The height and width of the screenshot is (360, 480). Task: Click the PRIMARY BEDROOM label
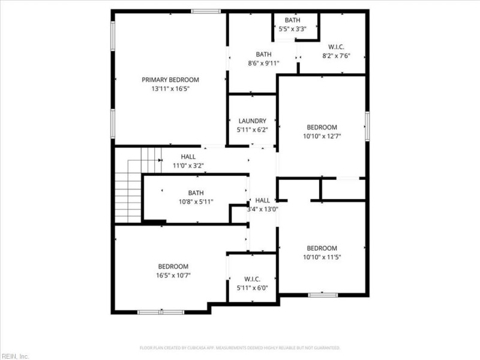[x=170, y=79]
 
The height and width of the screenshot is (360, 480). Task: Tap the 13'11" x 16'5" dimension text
[x=170, y=89]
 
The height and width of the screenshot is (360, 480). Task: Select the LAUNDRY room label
[x=252, y=121]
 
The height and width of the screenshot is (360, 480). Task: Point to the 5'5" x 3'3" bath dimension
[x=293, y=29]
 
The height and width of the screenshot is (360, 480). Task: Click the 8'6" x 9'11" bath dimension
[x=264, y=63]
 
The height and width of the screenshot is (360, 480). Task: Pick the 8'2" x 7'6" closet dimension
[x=336, y=56]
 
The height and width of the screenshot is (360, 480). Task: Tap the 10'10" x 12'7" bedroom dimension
[x=322, y=136]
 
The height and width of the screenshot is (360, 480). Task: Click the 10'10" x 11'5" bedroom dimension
[x=322, y=257]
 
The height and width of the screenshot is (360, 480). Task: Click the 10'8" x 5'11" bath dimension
[x=196, y=202]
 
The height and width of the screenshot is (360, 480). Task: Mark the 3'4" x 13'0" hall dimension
[x=263, y=209]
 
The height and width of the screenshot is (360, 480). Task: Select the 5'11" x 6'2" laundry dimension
[x=252, y=130]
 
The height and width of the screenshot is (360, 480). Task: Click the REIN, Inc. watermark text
[x=16, y=356]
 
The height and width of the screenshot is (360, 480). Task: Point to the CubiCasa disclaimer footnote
[x=240, y=348]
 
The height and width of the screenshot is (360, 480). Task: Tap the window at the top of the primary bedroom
[x=206, y=11]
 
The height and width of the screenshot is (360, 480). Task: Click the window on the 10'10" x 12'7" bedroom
[x=367, y=126]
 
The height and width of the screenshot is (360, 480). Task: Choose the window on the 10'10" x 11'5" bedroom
[x=323, y=295]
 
